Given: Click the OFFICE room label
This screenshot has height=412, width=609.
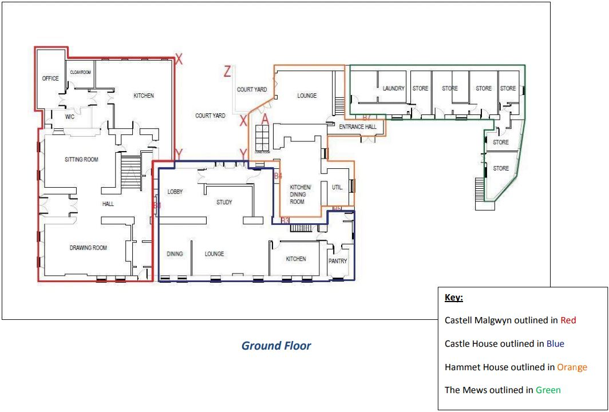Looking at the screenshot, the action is pyautogui.click(x=50, y=78).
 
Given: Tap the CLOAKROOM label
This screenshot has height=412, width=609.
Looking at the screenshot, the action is pyautogui.click(x=81, y=73).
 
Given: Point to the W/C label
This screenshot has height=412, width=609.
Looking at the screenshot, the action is pyautogui.click(x=70, y=117).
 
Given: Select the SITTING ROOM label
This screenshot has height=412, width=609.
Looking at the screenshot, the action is pyautogui.click(x=81, y=160).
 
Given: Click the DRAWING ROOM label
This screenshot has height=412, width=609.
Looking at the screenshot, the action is pyautogui.click(x=88, y=248).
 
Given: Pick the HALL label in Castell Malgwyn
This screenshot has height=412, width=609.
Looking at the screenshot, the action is pyautogui.click(x=109, y=204).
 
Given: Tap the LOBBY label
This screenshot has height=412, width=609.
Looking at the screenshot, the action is pyautogui.click(x=175, y=192).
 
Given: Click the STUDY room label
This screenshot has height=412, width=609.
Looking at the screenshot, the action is pyautogui.click(x=224, y=202).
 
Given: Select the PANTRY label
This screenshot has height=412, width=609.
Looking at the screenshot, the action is pyautogui.click(x=338, y=261).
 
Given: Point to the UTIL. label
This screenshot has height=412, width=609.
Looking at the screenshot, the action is pyautogui.click(x=337, y=187).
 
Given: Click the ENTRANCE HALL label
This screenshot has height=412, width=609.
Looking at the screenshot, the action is pyautogui.click(x=358, y=127).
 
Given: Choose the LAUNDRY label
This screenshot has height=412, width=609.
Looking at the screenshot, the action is pyautogui.click(x=394, y=89).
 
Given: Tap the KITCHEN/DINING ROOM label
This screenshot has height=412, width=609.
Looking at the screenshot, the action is pyautogui.click(x=300, y=195).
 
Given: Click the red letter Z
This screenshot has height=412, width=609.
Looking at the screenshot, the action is pyautogui.click(x=227, y=72).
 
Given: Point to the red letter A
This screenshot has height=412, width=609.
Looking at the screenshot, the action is pyautogui.click(x=265, y=119).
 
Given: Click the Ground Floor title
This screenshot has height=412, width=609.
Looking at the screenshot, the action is pyautogui.click(x=276, y=346).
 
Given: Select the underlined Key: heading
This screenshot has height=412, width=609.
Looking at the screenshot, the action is pyautogui.click(x=453, y=298).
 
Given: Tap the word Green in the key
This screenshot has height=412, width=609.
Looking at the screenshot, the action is pyautogui.click(x=548, y=390).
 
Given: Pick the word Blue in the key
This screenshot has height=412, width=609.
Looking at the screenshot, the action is pyautogui.click(x=555, y=344).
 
